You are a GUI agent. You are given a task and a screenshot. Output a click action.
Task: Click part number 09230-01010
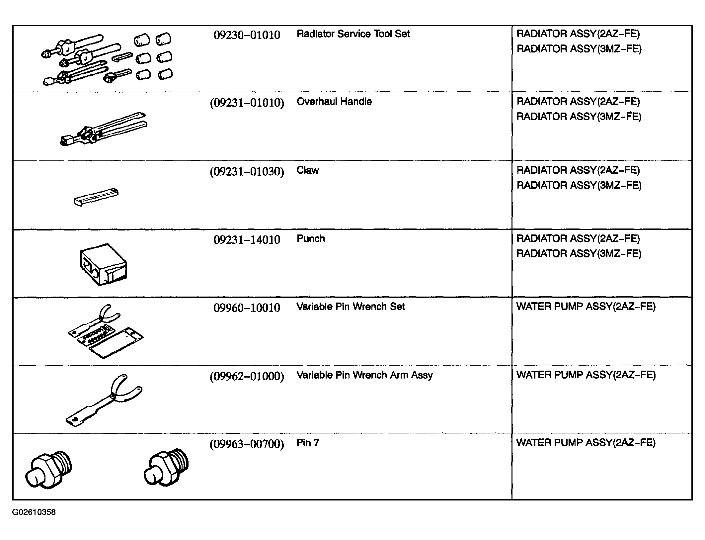pos(247,35)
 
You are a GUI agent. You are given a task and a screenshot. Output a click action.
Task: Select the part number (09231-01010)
pos(247,103)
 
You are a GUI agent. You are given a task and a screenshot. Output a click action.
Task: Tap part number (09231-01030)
pos(247,172)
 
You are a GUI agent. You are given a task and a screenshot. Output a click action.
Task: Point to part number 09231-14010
pos(247,239)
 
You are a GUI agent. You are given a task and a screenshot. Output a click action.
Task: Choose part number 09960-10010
pos(247,308)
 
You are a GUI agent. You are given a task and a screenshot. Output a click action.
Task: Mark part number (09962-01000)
pos(247,376)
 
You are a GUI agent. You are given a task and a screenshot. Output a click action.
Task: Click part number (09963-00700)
pos(247,444)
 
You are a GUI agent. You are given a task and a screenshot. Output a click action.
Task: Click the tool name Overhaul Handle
pos(334,101)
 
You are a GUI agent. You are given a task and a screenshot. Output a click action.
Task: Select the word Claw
pos(307,170)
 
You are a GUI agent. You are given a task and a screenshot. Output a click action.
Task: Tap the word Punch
pos(311,238)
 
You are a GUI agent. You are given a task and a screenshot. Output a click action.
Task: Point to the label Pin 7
pos(308,443)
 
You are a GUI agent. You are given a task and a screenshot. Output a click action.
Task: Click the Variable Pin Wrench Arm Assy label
pos(364,375)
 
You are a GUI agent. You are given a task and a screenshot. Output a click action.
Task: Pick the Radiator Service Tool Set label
pos(353,34)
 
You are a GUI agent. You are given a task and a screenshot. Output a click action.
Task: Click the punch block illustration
pos(103,264)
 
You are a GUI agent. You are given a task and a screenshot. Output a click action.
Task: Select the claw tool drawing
pos(96,197)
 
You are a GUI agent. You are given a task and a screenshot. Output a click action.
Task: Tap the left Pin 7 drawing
pos(48,469)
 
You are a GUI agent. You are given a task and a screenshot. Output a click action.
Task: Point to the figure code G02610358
pos(34,512)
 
